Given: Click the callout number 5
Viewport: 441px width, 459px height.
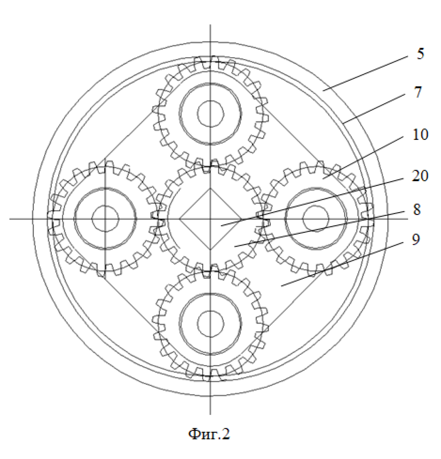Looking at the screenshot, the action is (420, 54).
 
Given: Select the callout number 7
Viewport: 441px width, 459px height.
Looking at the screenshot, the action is (418, 92).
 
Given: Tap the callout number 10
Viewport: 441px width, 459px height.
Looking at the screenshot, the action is (420, 135).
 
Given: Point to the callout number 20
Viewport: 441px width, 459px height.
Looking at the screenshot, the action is (420, 176).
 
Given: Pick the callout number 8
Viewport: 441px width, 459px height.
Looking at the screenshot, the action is (417, 209).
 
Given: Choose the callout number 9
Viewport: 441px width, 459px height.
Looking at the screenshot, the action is (416, 240).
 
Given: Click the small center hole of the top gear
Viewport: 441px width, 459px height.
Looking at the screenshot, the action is (211, 114).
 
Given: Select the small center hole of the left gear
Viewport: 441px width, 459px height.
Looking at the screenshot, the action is (105, 219).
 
